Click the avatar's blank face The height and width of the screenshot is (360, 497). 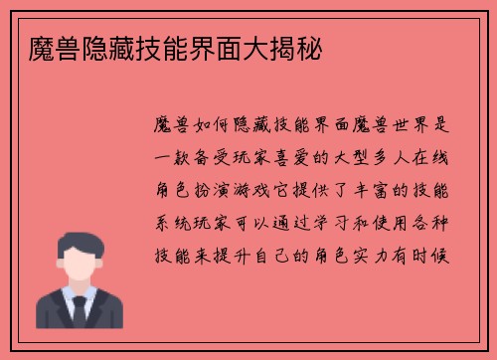(79, 264)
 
